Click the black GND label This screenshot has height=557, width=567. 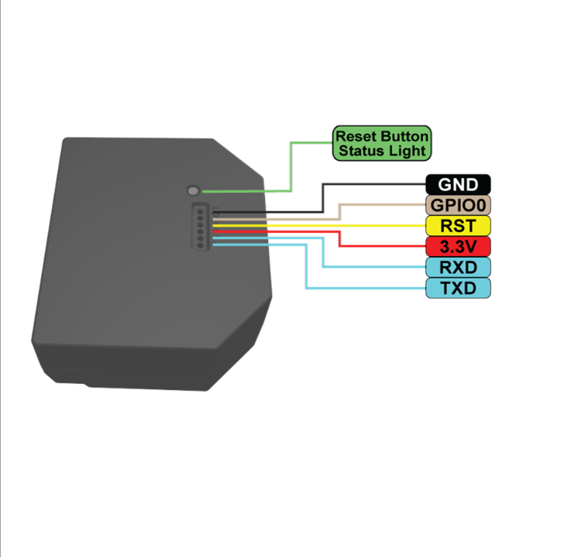[458, 185]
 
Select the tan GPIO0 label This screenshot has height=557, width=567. [458, 206]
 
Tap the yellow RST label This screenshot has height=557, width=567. [458, 226]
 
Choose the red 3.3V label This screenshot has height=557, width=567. [458, 247]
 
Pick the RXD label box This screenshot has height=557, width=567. [458, 268]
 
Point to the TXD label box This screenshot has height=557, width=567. [458, 289]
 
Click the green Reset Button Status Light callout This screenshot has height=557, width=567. [381, 143]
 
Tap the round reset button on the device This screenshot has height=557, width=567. [193, 190]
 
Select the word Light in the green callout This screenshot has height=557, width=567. [407, 151]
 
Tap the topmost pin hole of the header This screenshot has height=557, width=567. [199, 208]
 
